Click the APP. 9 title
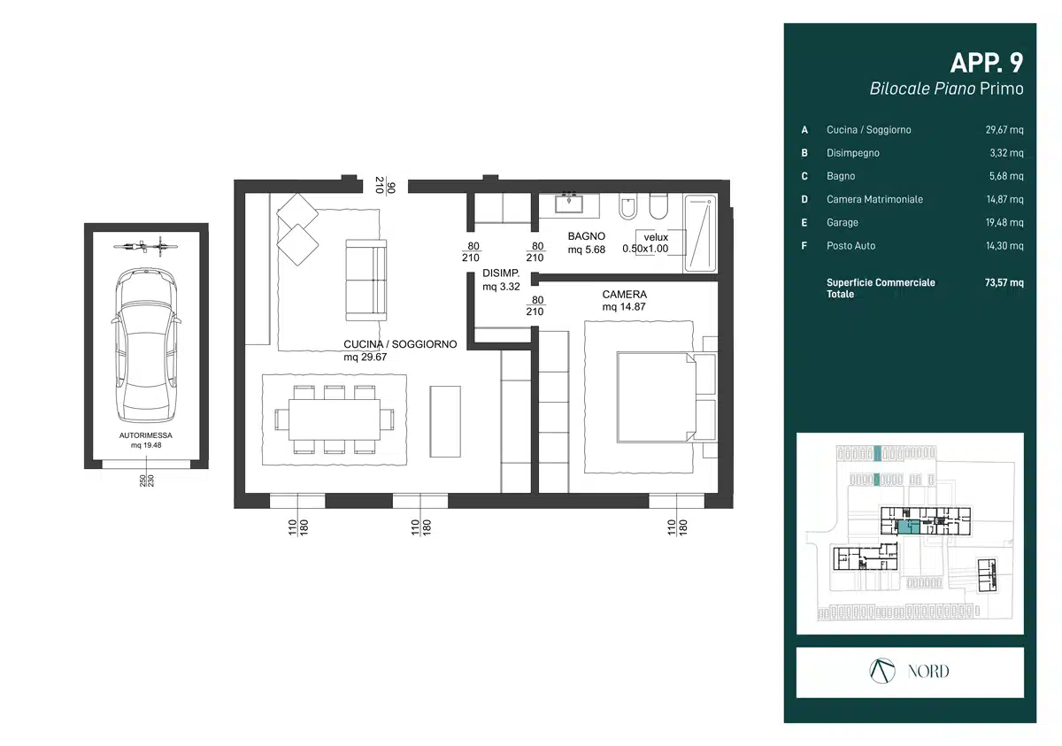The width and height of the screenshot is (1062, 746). (x=987, y=63)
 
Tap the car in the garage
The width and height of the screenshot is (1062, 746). (x=146, y=344)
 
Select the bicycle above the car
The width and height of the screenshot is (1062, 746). (x=145, y=247)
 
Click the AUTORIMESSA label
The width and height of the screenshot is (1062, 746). (x=145, y=435)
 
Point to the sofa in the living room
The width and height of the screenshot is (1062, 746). (x=366, y=281)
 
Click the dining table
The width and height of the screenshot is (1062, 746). (x=335, y=419)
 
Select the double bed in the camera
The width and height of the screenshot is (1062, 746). (x=657, y=397)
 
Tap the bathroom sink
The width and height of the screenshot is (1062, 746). (x=569, y=204)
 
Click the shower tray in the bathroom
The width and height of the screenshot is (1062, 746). (x=700, y=234)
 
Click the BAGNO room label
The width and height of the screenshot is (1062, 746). (x=587, y=236)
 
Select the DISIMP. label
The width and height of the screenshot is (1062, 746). (x=501, y=273)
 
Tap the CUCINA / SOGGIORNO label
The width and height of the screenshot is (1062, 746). (x=400, y=344)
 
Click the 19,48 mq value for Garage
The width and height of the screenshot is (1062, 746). (x=1004, y=222)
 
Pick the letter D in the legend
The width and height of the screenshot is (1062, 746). (x=804, y=199)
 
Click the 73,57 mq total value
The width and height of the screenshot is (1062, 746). (x=1004, y=282)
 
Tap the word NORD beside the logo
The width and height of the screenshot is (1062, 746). (x=928, y=672)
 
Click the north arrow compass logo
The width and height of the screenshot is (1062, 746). (x=882, y=671)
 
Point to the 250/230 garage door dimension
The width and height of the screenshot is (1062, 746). (x=147, y=481)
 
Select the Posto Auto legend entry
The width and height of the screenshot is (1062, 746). (x=851, y=245)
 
